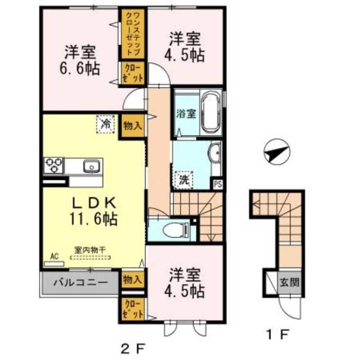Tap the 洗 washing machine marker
184,180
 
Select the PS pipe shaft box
218,184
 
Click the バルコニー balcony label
81,283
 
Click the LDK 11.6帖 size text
93,219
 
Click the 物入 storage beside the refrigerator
134,125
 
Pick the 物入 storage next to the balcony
133,279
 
